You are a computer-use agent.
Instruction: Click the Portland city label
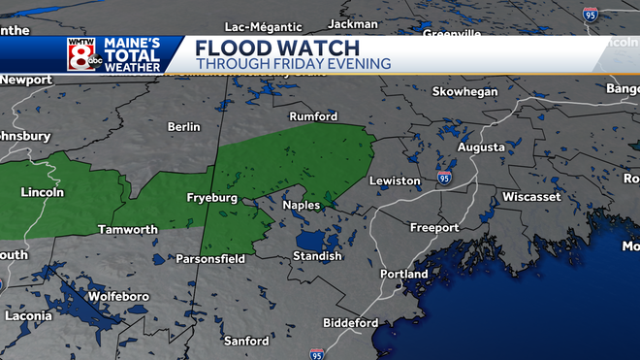pyautogui.click(x=403, y=275)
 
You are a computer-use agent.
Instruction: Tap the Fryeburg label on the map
pyautogui.click(x=211, y=198)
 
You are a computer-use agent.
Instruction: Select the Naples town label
pyautogui.click(x=301, y=205)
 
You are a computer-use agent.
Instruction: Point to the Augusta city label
pyautogui.click(x=481, y=147)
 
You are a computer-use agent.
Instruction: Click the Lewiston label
pyautogui.click(x=395, y=181)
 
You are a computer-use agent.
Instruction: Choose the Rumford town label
pyautogui.click(x=313, y=116)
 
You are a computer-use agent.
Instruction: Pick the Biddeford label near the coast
pyautogui.click(x=350, y=322)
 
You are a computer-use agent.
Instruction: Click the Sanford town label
pyautogui.click(x=246, y=342)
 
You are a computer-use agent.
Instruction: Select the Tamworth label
pyautogui.click(x=127, y=230)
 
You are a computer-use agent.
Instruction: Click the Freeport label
pyautogui.click(x=433, y=228)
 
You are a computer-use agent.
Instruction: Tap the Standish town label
pyautogui.click(x=317, y=256)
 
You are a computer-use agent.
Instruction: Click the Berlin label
pyautogui.click(x=183, y=127)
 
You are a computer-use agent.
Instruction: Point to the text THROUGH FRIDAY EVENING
pyautogui.click(x=293, y=64)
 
